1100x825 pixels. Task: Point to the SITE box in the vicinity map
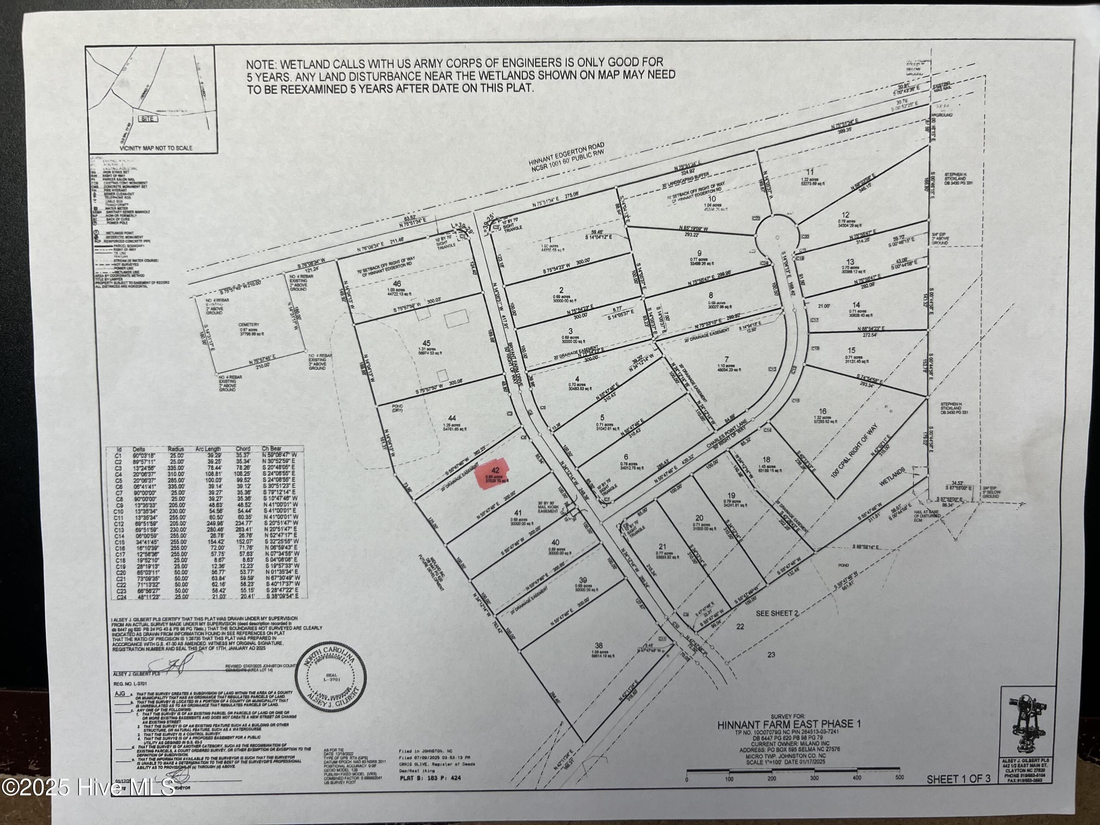(148, 119)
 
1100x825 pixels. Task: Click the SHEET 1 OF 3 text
(958, 793)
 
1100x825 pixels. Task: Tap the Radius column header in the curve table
(176, 448)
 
